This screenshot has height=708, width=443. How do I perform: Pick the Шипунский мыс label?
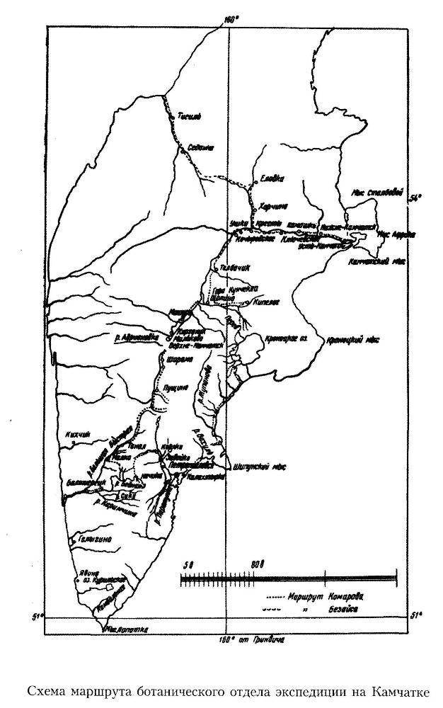[x=258, y=467]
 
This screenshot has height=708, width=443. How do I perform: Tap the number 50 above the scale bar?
[x=188, y=564]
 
